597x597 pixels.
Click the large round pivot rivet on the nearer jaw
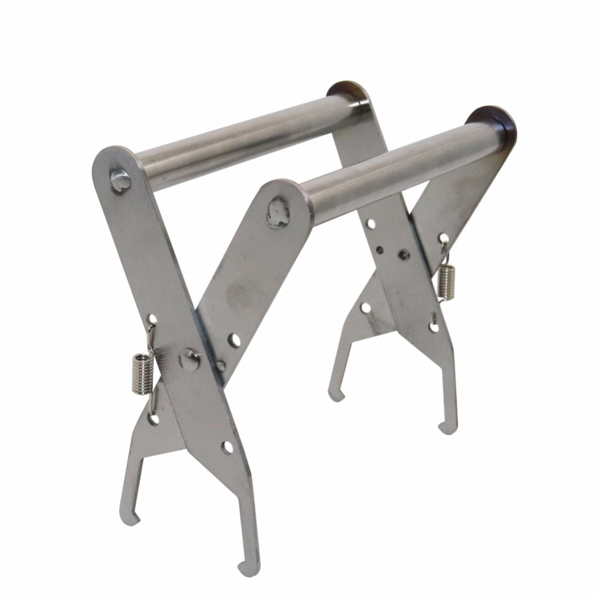click(190, 360)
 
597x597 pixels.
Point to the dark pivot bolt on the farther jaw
click(404, 255)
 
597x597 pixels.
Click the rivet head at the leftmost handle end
click(120, 180)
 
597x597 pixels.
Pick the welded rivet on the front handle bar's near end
click(277, 213)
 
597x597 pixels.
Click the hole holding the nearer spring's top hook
click(152, 320)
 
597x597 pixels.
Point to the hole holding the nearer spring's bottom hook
click(153, 419)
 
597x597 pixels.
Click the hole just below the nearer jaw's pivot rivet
click(227, 447)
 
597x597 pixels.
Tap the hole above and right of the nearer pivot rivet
click(234, 340)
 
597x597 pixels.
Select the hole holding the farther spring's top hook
click(444, 239)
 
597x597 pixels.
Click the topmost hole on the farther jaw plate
click(371, 224)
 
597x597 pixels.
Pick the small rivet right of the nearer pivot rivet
click(221, 365)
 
